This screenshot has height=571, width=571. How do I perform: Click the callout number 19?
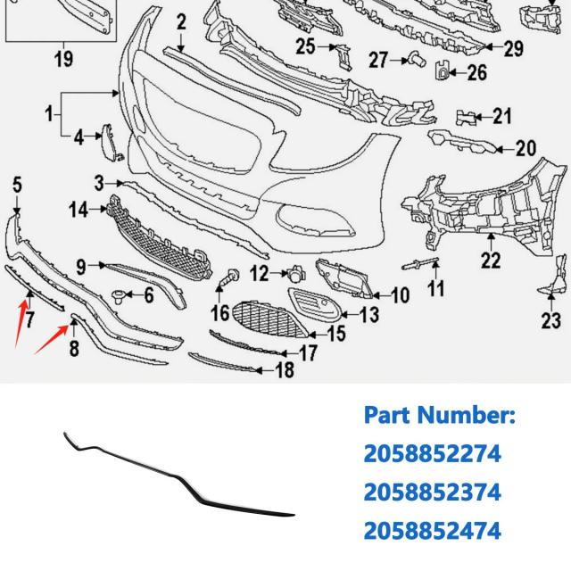[x=63, y=58]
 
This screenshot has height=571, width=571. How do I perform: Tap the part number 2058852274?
[x=432, y=454]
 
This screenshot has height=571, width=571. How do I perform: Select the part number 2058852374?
[x=432, y=492]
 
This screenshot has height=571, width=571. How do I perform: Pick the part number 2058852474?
[x=432, y=530]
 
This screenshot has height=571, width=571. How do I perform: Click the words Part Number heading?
[x=440, y=415]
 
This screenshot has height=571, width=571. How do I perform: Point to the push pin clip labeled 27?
[x=418, y=59]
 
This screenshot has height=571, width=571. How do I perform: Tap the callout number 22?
[x=491, y=260]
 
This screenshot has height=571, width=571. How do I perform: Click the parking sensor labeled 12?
[x=297, y=274]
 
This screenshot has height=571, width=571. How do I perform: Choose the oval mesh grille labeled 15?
[x=269, y=319]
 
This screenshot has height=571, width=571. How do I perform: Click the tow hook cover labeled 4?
[x=111, y=143]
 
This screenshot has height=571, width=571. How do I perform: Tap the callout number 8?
[x=74, y=348]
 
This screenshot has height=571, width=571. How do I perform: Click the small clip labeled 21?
[x=466, y=117]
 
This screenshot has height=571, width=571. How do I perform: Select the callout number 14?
[x=79, y=211]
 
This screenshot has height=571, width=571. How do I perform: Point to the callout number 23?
[x=551, y=320]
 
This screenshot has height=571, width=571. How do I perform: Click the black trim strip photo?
[x=178, y=475]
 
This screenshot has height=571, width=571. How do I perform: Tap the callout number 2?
[x=181, y=21]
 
